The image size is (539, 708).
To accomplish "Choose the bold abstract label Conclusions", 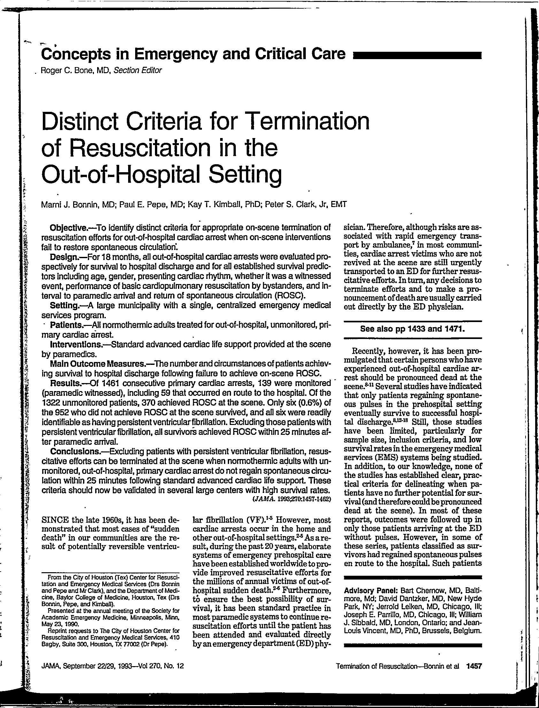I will (x=74, y=451).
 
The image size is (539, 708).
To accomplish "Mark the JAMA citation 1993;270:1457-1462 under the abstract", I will (x=291, y=499).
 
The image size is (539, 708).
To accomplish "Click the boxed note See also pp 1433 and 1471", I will (x=412, y=329).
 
